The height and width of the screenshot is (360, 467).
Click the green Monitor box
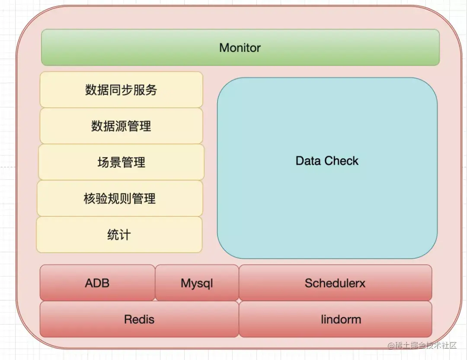[x=130, y=48]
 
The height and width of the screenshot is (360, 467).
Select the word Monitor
[x=240, y=48]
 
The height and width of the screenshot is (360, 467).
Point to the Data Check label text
[x=327, y=161]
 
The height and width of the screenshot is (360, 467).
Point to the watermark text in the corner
[x=422, y=345]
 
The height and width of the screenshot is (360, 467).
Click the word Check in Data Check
[x=342, y=161]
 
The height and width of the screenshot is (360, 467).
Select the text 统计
[x=119, y=235]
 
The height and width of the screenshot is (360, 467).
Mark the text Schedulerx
[x=335, y=283]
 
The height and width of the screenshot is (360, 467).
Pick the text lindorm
[x=341, y=319]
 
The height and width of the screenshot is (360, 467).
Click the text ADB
[x=97, y=283]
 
